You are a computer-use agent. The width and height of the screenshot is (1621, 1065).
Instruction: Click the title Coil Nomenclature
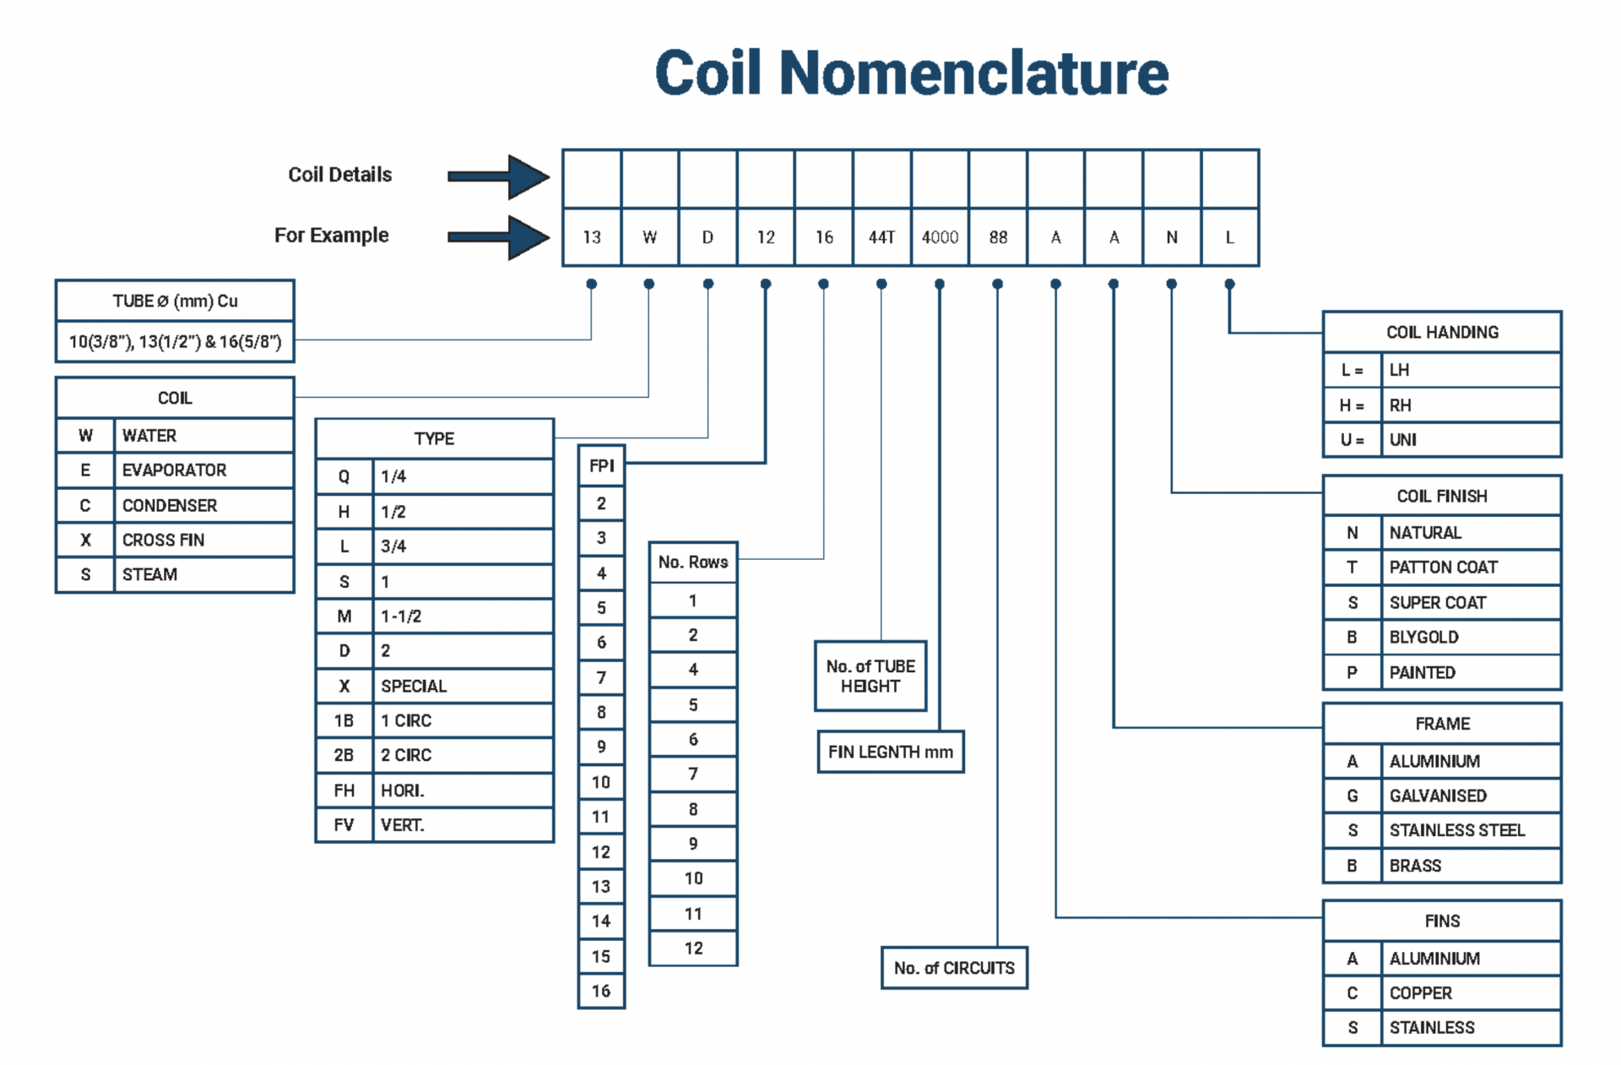911,73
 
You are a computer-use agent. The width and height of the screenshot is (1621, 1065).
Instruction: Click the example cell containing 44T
881,237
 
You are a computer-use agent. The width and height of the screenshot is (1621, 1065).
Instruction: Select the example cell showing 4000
940,237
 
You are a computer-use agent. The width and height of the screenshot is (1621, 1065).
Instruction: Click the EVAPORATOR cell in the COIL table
175,470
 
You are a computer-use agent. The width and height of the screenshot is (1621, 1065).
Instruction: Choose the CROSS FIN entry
164,540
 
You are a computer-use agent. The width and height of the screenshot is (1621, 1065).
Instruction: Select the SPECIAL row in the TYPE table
414,686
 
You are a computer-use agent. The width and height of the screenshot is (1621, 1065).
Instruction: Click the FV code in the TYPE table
344,825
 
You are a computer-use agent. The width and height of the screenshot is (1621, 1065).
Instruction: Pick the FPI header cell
601,465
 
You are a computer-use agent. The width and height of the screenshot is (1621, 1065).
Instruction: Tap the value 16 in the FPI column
601,991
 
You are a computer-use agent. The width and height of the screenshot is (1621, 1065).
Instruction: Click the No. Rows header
693,562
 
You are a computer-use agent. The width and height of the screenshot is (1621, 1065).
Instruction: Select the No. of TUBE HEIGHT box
870,676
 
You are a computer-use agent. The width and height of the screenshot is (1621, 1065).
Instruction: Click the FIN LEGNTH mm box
890,752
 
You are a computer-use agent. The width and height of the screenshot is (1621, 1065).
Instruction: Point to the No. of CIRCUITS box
954,968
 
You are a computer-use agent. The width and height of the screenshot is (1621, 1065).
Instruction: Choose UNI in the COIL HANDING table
1403,440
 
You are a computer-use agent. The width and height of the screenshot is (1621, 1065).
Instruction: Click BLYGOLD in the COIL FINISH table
1424,638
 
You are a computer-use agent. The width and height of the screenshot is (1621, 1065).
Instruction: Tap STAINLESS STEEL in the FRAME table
1457,830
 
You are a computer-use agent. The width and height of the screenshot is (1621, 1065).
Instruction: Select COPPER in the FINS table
1421,993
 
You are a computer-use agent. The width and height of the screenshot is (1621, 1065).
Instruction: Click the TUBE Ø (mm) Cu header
175,302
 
